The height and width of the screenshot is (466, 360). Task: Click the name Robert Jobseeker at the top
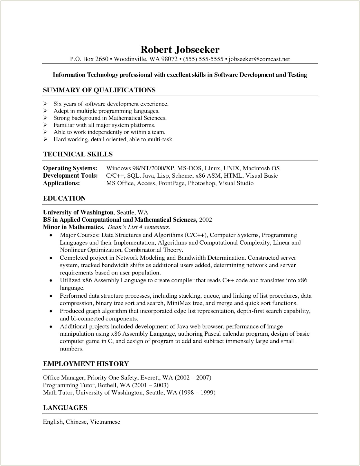(x=180, y=50)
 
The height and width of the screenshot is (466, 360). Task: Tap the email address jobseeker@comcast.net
(x=259, y=59)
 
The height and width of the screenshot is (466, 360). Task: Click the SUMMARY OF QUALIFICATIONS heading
(x=99, y=90)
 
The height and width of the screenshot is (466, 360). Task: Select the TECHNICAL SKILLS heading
(x=78, y=154)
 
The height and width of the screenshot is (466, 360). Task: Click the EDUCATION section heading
(x=64, y=198)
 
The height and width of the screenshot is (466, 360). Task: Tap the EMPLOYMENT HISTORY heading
(x=86, y=364)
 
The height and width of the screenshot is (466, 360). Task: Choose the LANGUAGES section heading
(x=65, y=408)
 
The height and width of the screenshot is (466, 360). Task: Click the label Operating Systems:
(x=70, y=168)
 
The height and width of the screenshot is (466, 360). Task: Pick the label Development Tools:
(x=70, y=176)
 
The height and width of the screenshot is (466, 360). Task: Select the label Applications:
(x=61, y=183)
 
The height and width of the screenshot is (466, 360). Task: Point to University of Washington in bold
(x=78, y=212)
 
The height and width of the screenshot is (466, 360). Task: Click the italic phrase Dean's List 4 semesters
(x=139, y=227)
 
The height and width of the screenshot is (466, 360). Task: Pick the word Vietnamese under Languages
(x=105, y=422)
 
